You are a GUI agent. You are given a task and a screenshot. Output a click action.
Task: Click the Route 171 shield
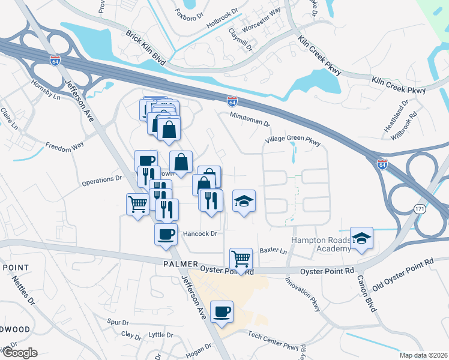pyautogui.click(x=419, y=208)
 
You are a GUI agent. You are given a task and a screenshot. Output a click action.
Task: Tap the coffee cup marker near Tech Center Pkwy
pyautogui.click(x=222, y=312)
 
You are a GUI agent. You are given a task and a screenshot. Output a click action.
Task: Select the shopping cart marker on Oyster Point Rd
pyautogui.click(x=241, y=260)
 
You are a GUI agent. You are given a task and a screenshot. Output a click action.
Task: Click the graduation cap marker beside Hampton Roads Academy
pyautogui.click(x=361, y=238)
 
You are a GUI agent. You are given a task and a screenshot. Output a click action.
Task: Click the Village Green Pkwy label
pyautogui.click(x=294, y=143)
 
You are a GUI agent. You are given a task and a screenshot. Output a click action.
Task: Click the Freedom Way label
pyautogui.click(x=63, y=145)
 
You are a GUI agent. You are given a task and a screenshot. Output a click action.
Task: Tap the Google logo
pyautogui.click(x=19, y=353)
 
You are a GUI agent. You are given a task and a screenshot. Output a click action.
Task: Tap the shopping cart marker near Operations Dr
pyautogui.click(x=138, y=205)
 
